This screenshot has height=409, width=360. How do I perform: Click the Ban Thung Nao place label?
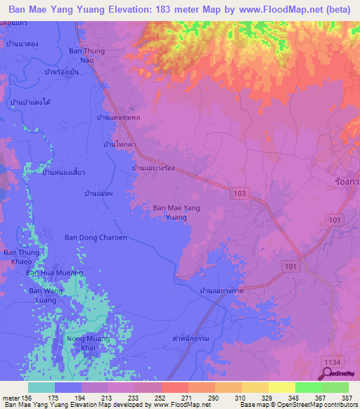pyautogui.click(x=85, y=56)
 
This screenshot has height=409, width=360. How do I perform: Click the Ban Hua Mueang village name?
pyautogui.click(x=55, y=273)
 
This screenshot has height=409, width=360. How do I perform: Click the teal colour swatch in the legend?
pyautogui.click(x=41, y=387)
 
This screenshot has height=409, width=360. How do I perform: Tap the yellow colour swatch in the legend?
pyautogui.click(x=281, y=387)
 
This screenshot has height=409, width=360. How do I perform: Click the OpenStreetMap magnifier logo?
pyautogui.click(x=328, y=373)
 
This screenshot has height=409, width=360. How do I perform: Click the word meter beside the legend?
pyautogui.click(x=11, y=398)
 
